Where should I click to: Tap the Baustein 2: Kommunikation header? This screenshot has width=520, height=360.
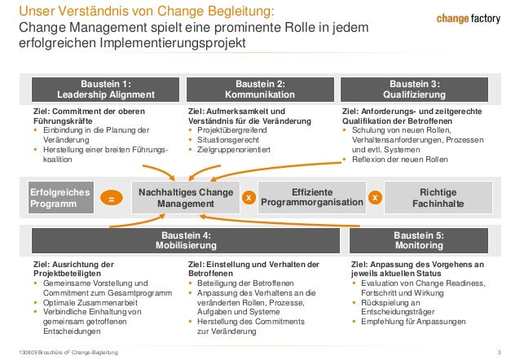(260, 89)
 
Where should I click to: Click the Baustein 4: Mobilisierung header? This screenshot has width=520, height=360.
(183, 240)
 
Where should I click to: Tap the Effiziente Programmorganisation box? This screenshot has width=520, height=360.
(311, 197)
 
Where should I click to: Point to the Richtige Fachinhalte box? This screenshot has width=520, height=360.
(438, 197)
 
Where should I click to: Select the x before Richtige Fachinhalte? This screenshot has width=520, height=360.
(374, 198)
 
